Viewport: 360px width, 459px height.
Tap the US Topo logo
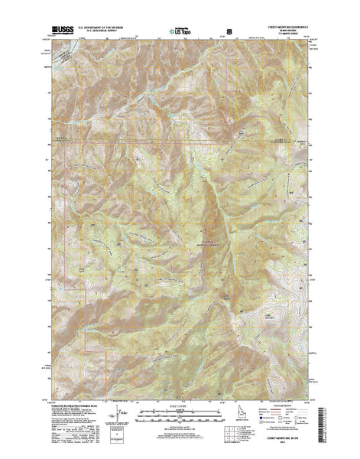178,34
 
